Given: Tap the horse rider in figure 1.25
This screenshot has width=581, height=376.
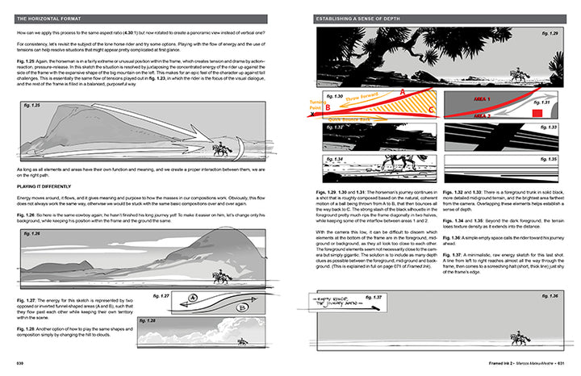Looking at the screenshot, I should [219, 149].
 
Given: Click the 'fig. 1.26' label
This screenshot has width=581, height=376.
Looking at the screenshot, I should [33, 211].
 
